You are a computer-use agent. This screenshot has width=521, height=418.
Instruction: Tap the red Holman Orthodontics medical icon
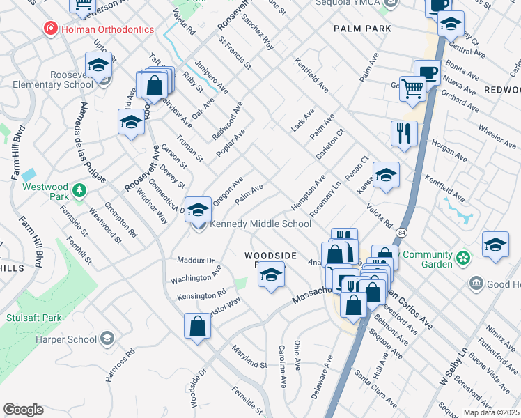(x=50, y=29)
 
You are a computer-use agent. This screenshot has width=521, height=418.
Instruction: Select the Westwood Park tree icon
(x=79, y=189)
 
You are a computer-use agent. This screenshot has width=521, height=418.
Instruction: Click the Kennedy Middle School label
(x=260, y=224)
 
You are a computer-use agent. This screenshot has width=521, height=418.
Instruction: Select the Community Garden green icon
(x=462, y=259)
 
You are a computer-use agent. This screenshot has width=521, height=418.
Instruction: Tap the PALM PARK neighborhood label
(x=361, y=29)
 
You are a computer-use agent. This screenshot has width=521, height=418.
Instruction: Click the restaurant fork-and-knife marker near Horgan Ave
(x=404, y=132)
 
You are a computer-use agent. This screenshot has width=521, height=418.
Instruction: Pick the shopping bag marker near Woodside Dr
(x=198, y=326)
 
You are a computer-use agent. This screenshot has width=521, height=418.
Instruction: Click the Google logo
(x=23, y=410)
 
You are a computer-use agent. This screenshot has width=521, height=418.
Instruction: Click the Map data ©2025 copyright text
(x=491, y=412)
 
